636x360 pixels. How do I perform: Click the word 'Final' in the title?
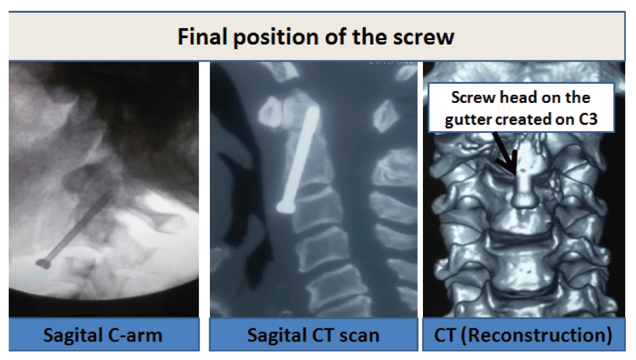202,37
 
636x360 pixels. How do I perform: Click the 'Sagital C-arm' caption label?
102,336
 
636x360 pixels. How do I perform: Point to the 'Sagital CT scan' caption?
313,336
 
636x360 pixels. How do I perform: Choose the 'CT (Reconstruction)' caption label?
523,335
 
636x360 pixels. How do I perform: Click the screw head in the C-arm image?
43,264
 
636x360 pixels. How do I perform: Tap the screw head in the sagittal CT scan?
285,207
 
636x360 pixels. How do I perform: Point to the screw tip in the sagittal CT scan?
312,109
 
